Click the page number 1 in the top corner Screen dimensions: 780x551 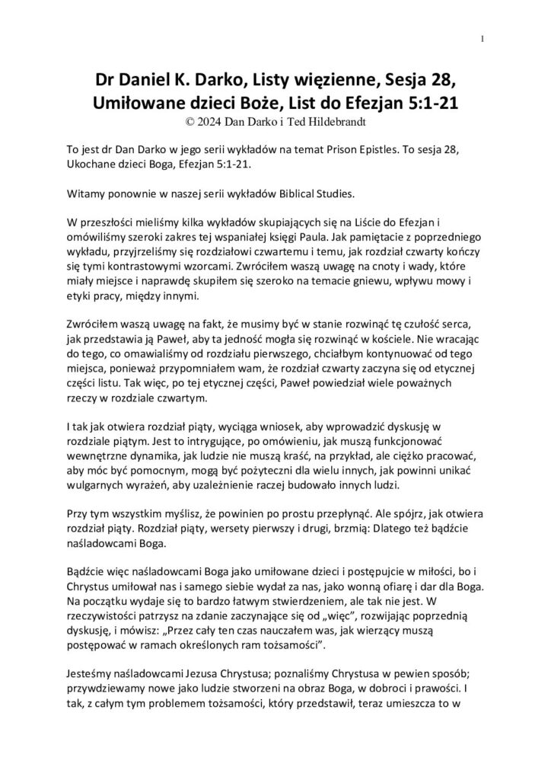[x=483, y=40]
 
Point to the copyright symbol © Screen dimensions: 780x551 [x=180, y=120]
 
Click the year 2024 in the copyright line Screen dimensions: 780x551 [x=204, y=120]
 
